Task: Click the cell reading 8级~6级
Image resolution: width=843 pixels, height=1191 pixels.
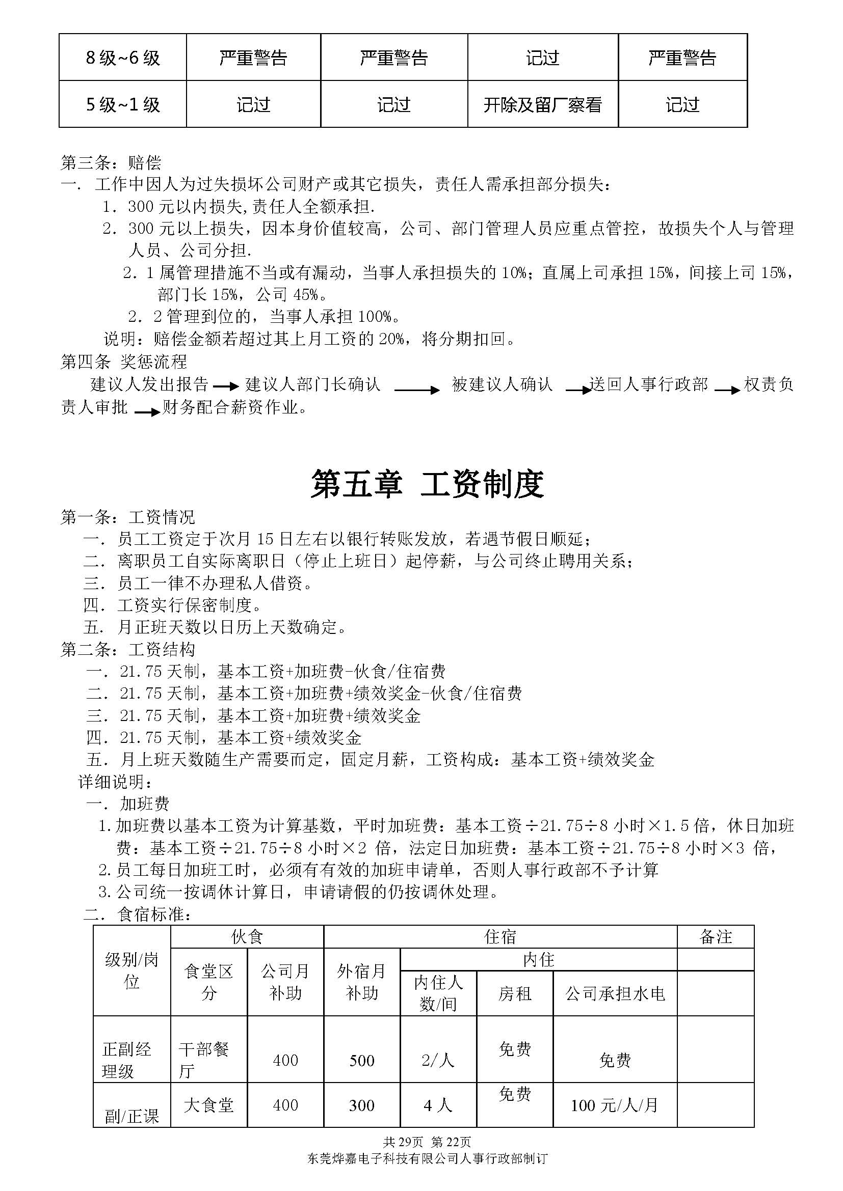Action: [122, 58]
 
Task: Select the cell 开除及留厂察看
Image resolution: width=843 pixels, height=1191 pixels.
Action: [542, 105]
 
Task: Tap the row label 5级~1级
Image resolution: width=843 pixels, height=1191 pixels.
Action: [122, 105]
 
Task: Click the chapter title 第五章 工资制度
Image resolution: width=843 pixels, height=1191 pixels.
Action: [427, 484]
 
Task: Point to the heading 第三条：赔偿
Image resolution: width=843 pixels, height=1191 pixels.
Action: [111, 163]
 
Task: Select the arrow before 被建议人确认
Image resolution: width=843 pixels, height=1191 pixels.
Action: [416, 390]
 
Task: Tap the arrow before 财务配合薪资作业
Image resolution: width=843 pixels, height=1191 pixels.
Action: [147, 412]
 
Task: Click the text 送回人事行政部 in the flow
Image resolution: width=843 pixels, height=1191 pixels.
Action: [648, 384]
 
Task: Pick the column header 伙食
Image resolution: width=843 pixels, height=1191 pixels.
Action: [247, 936]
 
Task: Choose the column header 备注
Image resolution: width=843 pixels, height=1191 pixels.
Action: [715, 936]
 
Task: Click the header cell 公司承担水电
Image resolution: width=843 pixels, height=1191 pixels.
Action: [615, 993]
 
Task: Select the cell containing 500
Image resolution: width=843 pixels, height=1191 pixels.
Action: [362, 1060]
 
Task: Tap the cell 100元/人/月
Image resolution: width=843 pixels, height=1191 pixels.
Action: [615, 1105]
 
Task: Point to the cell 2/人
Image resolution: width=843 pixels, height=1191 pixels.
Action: [438, 1060]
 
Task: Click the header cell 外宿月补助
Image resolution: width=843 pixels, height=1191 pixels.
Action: [362, 981]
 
